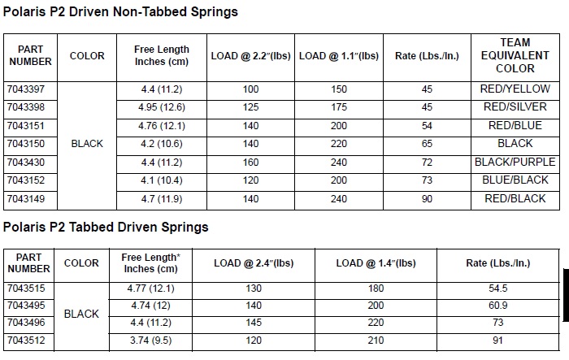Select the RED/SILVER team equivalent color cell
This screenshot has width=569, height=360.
(x=515, y=107)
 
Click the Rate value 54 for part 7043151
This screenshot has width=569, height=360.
(x=427, y=126)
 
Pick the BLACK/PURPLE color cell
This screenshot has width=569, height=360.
(x=515, y=163)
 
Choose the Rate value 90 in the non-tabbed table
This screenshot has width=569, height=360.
(x=427, y=199)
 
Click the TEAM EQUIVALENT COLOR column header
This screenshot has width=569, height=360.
(x=515, y=55)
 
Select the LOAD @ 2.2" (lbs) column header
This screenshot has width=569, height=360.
(x=250, y=56)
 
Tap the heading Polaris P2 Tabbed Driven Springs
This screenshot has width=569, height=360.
(x=106, y=227)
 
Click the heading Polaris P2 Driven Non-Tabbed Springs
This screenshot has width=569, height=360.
(x=120, y=12)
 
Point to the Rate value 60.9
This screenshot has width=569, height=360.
(x=498, y=306)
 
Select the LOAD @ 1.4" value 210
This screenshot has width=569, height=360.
(x=375, y=340)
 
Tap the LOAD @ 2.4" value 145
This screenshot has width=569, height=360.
(x=253, y=323)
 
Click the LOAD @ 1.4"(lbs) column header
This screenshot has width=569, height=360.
(x=375, y=263)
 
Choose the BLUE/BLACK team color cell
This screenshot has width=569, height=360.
(x=515, y=180)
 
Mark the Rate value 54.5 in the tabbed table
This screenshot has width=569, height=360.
(x=498, y=288)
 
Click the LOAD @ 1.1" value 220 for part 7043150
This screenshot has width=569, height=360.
(x=338, y=144)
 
